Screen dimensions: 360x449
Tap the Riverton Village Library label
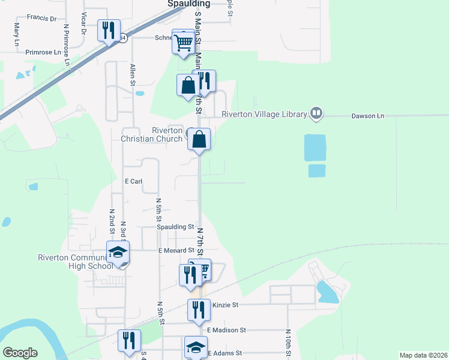click(264, 113)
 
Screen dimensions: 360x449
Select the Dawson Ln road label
click(367, 116)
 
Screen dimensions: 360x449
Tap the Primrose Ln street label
click(43, 52)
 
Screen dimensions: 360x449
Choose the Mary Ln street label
click(16, 35)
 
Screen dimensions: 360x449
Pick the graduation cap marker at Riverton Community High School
click(118, 253)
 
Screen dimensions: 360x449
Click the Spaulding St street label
click(175, 227)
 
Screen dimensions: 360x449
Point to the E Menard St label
click(176, 250)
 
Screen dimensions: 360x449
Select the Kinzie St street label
click(226, 305)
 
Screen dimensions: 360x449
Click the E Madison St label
click(226, 330)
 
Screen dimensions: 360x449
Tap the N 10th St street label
click(288, 343)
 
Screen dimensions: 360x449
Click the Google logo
click(20, 353)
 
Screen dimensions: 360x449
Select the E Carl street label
click(133, 181)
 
